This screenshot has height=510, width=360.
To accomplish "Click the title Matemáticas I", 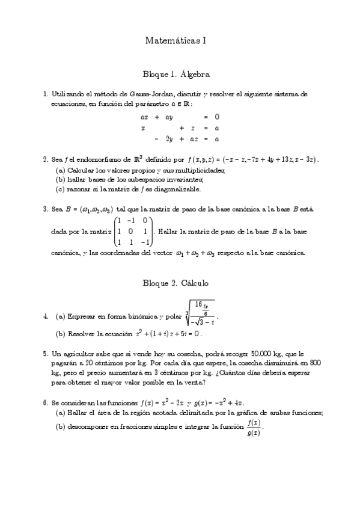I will [x=176, y=40].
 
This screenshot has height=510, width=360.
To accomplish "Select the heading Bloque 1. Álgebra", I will [x=176, y=75].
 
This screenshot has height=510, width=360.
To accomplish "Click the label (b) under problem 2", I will [x=60, y=179].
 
